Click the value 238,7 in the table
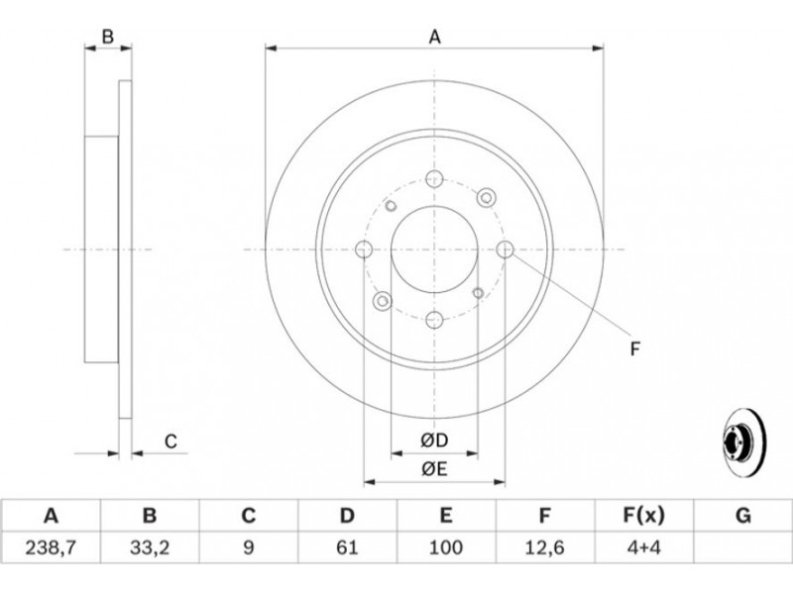[51, 547]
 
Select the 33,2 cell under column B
[150, 547]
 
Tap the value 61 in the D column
[347, 547]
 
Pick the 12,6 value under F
[544, 547]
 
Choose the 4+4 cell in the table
[642, 547]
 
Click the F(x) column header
[643, 516]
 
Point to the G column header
[742, 516]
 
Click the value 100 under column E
[445, 547]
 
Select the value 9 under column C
[249, 547]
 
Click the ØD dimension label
[434, 441]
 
